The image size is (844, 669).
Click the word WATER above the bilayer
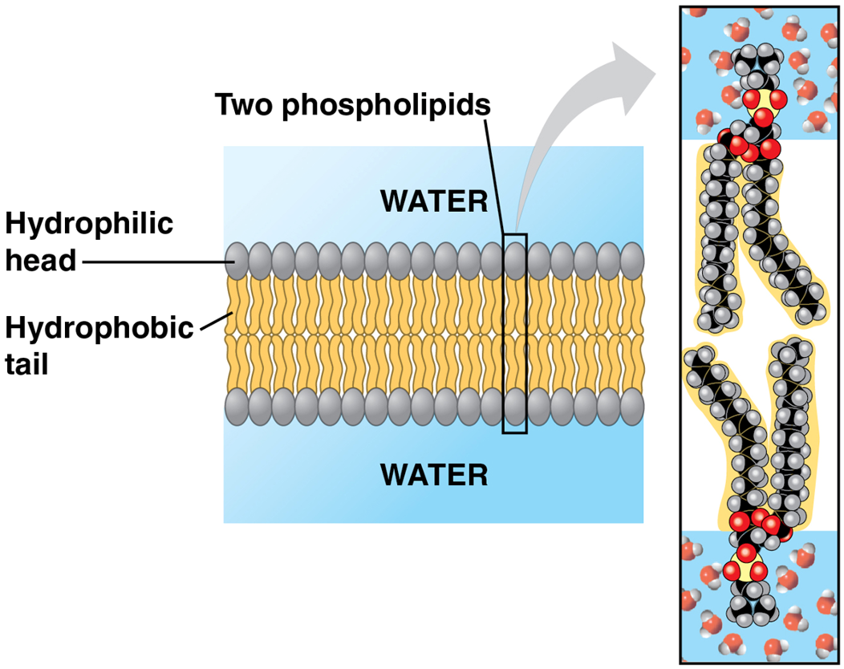click(x=434, y=201)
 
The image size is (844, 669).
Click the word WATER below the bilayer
click(x=434, y=474)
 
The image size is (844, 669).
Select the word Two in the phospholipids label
click(x=245, y=104)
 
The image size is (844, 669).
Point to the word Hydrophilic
click(x=89, y=224)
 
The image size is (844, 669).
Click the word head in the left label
click(x=41, y=260)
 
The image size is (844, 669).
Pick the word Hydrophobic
click(x=99, y=327)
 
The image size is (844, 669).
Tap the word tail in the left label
click(x=27, y=364)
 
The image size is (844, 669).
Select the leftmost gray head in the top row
click(x=237, y=260)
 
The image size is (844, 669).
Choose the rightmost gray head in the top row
click(x=632, y=260)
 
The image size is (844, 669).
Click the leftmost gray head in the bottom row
click(x=237, y=407)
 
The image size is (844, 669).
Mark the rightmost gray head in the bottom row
click(x=632, y=407)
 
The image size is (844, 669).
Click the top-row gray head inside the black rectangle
click(x=515, y=260)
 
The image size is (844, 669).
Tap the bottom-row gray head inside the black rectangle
click(x=515, y=407)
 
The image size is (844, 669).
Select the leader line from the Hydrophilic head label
click(x=152, y=261)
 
